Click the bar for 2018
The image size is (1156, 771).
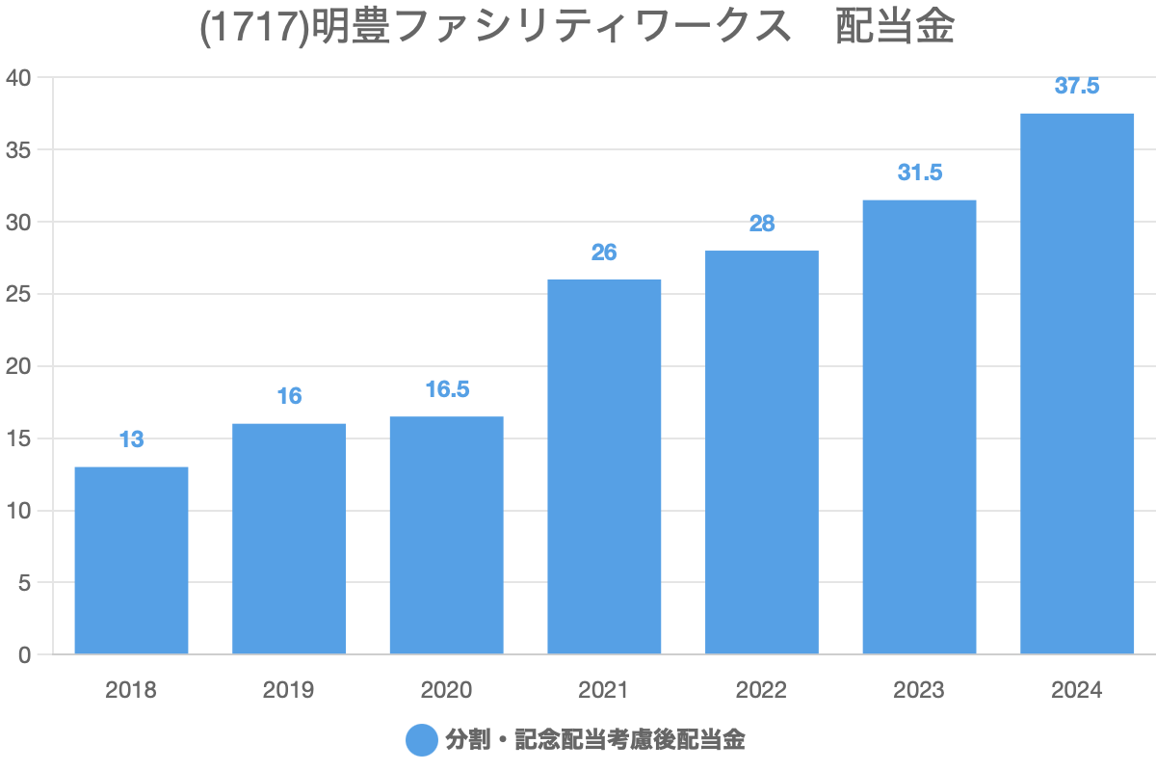pyautogui.click(x=131, y=561)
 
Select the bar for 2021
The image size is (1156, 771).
pyautogui.click(x=604, y=467)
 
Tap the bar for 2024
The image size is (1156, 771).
pyautogui.click(x=1076, y=385)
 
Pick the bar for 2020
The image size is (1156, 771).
pyautogui.click(x=446, y=536)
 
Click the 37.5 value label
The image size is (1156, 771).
pyautogui.click(x=1076, y=86)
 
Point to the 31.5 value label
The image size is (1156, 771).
pyautogui.click(x=919, y=173)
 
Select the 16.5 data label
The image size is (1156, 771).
pyautogui.click(x=446, y=389)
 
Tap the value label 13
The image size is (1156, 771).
pyautogui.click(x=131, y=440)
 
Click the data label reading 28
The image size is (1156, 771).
pyautogui.click(x=761, y=224)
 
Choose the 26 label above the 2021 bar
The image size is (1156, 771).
pyautogui.click(x=604, y=253)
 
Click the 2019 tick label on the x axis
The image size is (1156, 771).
pyautogui.click(x=288, y=690)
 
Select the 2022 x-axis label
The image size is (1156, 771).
pyautogui.click(x=761, y=690)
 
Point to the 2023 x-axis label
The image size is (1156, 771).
pyautogui.click(x=919, y=690)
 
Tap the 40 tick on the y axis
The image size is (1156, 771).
pyautogui.click(x=19, y=77)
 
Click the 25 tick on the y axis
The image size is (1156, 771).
pyautogui.click(x=19, y=294)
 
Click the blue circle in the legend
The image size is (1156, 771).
pyautogui.click(x=422, y=740)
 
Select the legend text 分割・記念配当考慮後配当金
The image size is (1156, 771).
pyautogui.click(x=594, y=740)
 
